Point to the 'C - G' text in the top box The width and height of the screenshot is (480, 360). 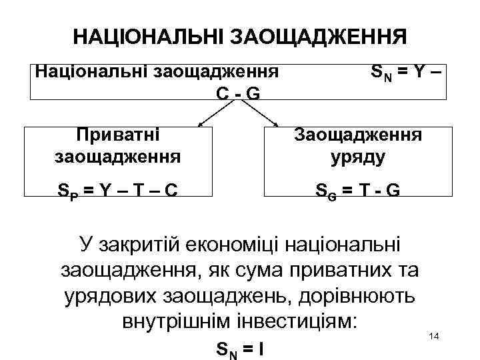point(237,93)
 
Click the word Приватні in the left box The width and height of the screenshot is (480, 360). point(118,135)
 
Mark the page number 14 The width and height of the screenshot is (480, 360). point(433,335)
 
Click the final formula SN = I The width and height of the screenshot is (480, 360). point(239,349)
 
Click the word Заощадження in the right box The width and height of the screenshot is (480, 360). point(358,135)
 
